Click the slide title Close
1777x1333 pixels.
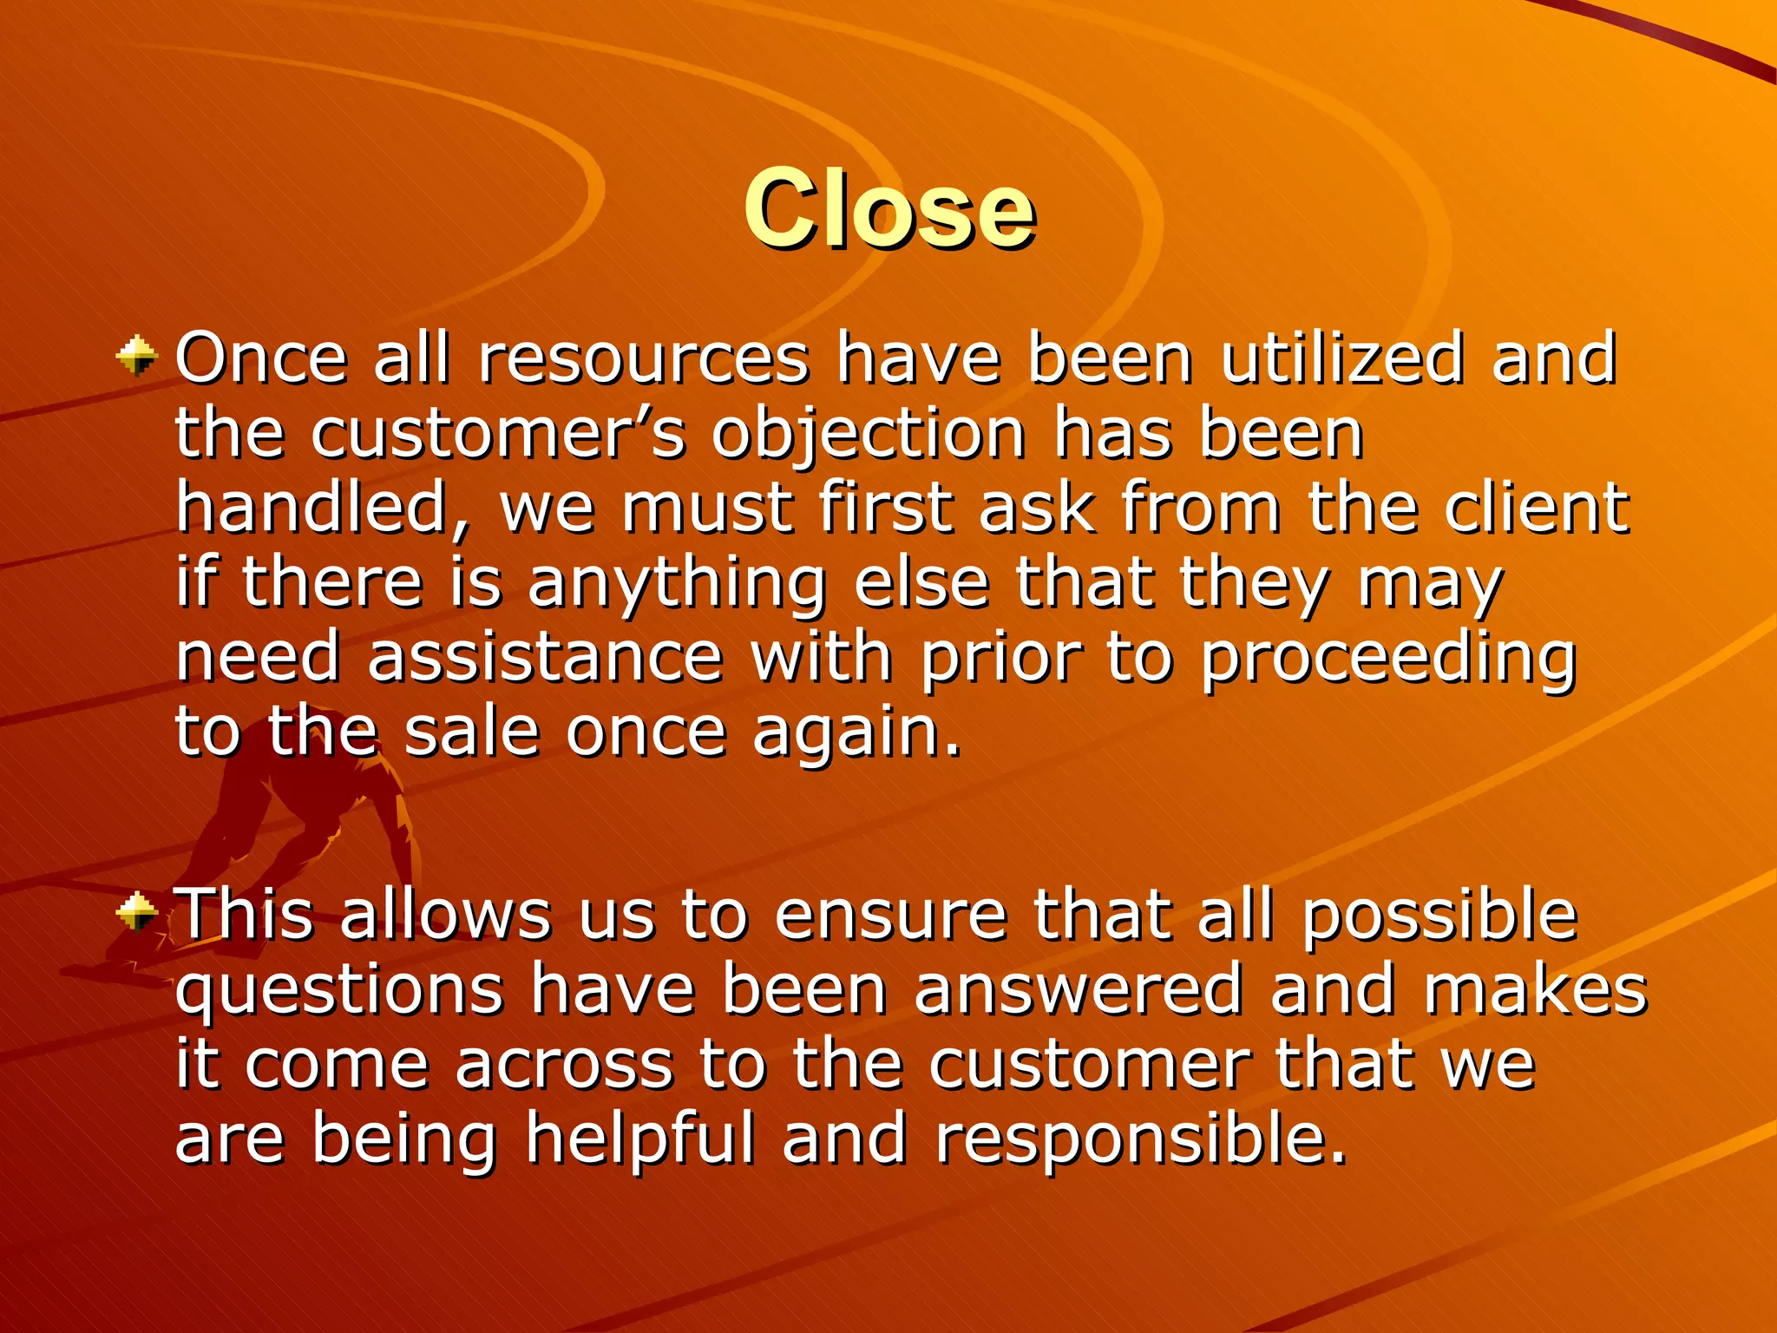point(889,209)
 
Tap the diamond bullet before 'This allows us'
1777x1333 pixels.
point(137,912)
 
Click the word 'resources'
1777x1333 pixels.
point(644,358)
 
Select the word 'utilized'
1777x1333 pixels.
point(1343,358)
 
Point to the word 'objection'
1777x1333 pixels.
point(869,436)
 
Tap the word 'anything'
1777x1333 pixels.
point(677,585)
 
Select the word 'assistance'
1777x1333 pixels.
point(545,657)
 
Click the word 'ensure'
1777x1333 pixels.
point(890,915)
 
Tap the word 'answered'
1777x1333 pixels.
point(1079,989)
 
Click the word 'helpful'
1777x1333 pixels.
point(640,1139)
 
